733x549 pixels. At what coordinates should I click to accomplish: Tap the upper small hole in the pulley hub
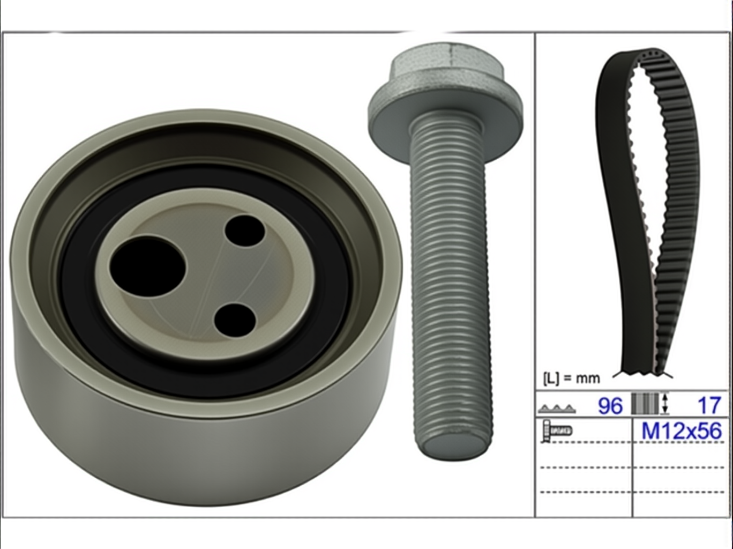245,231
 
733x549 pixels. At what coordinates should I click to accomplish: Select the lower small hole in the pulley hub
235,321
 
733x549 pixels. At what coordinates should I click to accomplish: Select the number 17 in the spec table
709,405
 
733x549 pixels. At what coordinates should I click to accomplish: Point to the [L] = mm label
572,379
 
